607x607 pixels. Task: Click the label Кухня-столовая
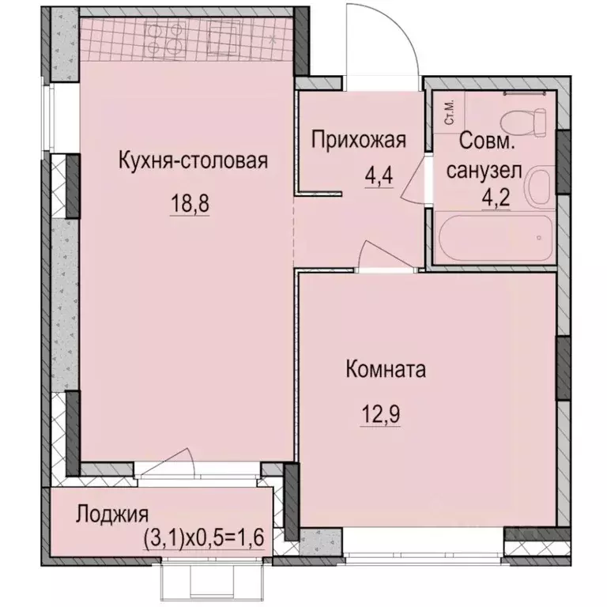pos(194,161)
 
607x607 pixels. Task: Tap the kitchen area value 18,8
pos(192,204)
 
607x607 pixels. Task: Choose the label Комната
pos(386,369)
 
